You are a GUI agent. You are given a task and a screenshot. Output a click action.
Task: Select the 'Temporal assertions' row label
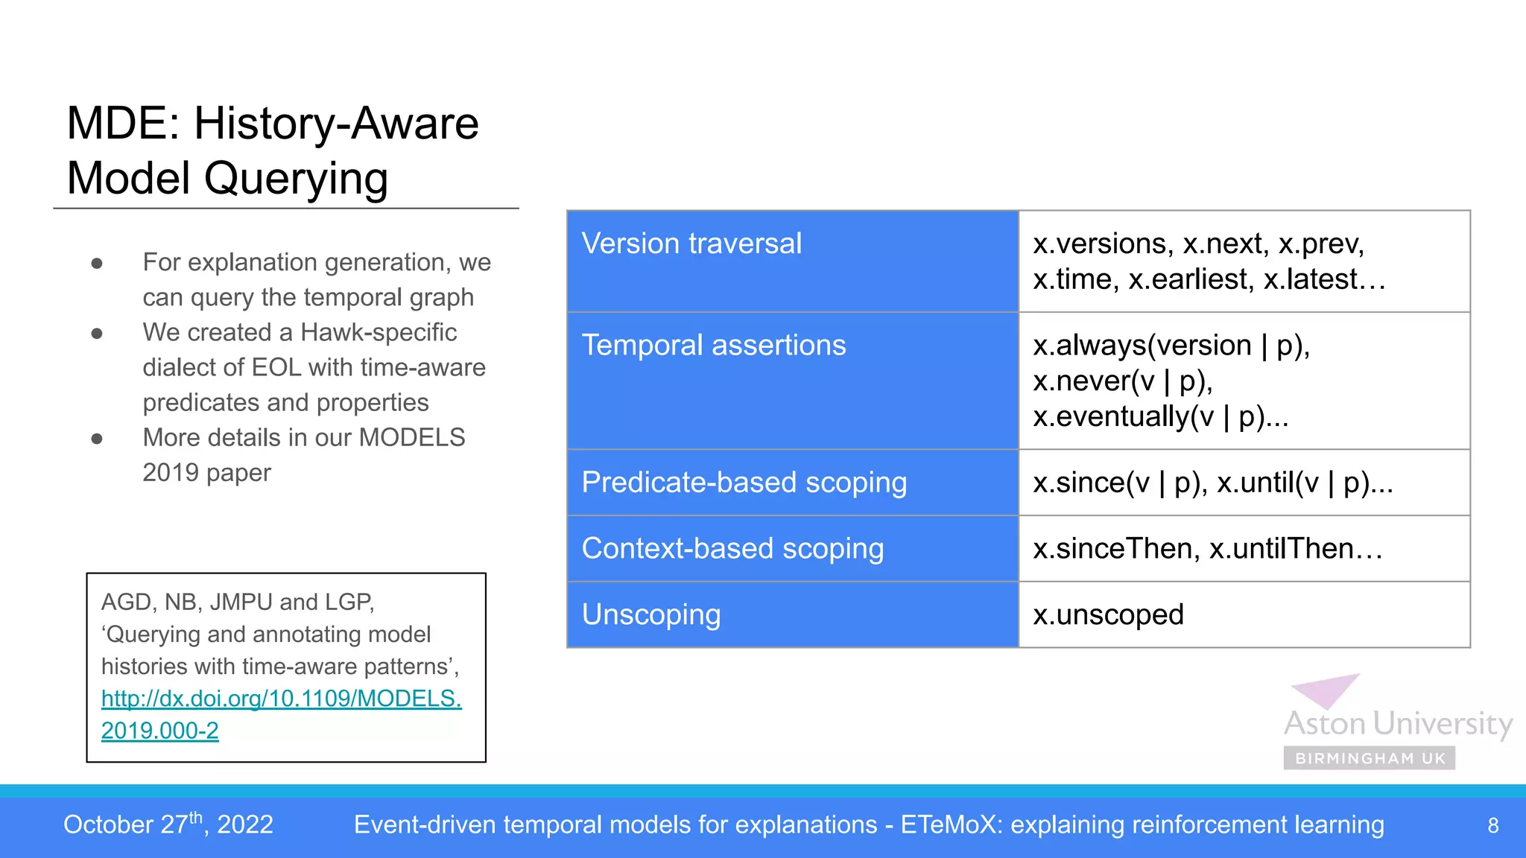coord(713,346)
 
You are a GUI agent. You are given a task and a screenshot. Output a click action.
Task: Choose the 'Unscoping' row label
coord(650,615)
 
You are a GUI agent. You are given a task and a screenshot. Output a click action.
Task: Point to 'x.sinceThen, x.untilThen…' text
coord(1207,549)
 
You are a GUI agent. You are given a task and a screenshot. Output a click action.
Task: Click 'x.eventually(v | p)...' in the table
coord(1160,417)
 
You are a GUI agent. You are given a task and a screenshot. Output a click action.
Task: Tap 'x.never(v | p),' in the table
coord(1122,381)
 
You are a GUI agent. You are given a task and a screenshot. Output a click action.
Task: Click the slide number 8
coord(1492,825)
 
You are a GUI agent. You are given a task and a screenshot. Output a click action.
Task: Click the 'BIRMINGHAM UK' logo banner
coord(1370,758)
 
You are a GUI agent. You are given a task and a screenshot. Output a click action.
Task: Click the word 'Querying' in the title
coord(295,179)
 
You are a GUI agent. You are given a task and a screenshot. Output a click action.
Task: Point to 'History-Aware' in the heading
coord(336,124)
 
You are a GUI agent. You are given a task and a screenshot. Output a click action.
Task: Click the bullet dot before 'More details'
coord(97,439)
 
